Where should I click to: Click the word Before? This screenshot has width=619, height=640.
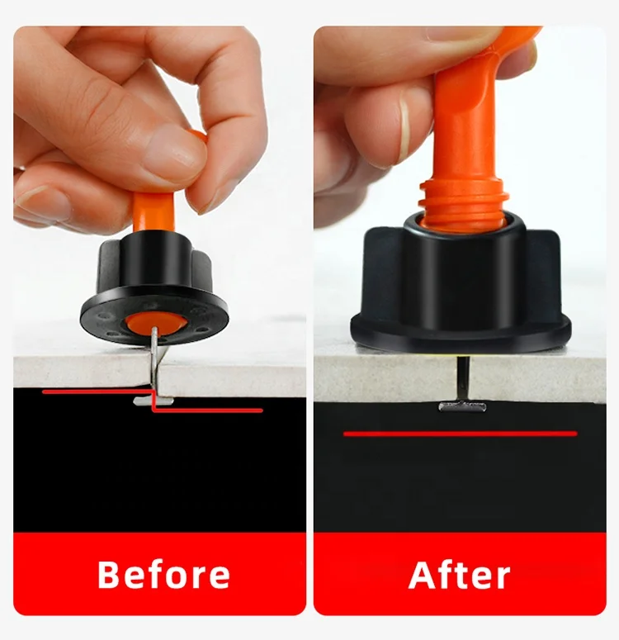coord(163,575)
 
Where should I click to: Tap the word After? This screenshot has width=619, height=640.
coord(459,575)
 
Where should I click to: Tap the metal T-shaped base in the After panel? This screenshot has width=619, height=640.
coord(462,405)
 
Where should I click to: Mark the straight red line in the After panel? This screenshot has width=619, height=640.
coord(460,433)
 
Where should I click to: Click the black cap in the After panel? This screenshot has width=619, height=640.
coord(460,285)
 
